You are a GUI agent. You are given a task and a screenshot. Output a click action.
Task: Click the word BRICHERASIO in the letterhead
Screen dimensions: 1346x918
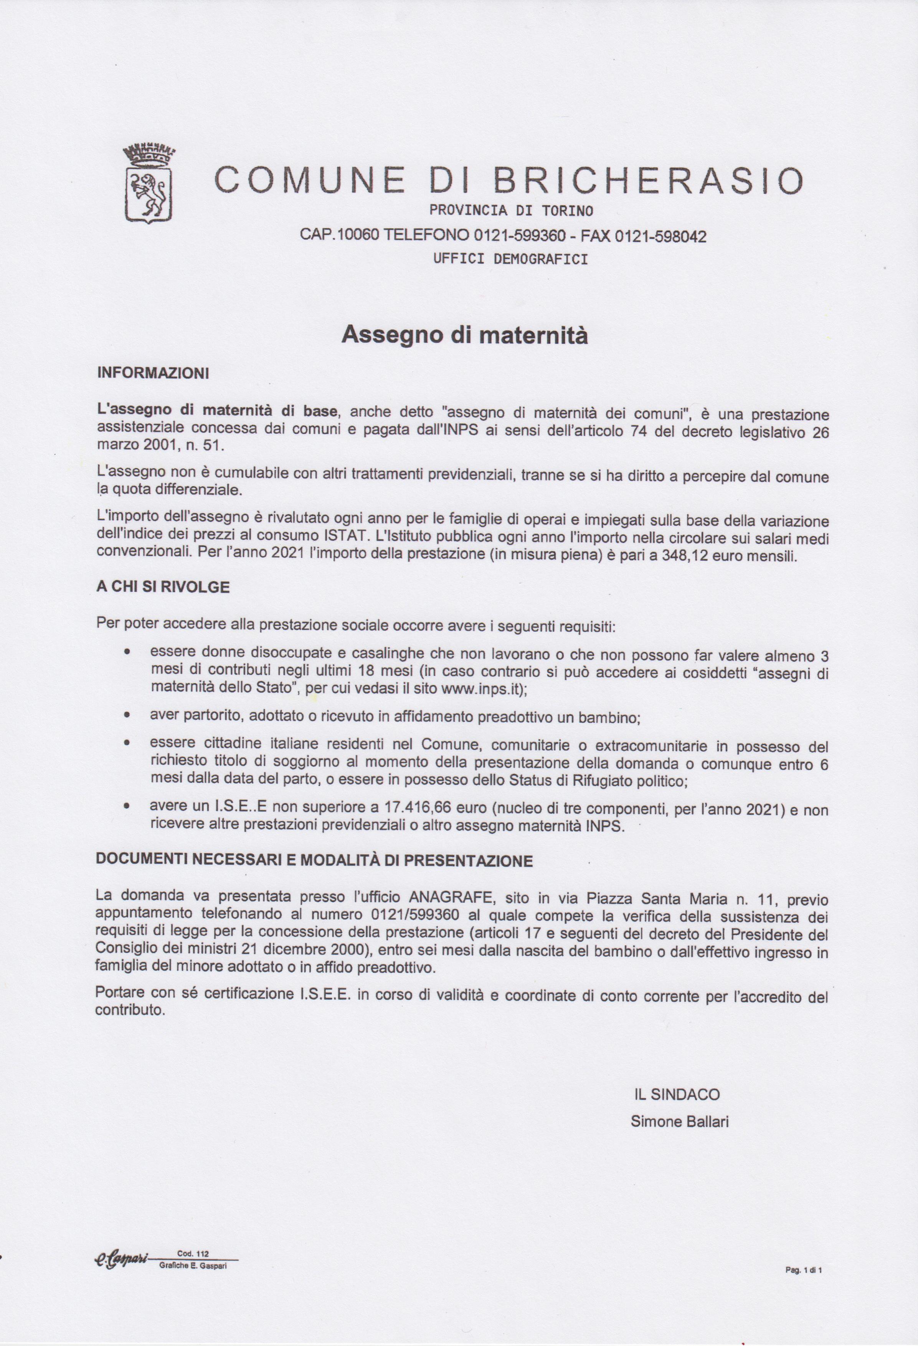coord(647,181)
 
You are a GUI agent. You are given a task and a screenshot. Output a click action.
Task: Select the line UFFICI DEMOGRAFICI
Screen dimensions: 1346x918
coord(510,259)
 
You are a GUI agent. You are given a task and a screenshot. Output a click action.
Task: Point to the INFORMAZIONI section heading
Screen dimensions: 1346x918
coord(153,373)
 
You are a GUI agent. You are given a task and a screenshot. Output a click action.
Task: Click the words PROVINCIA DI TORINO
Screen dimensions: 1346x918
coord(511,211)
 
